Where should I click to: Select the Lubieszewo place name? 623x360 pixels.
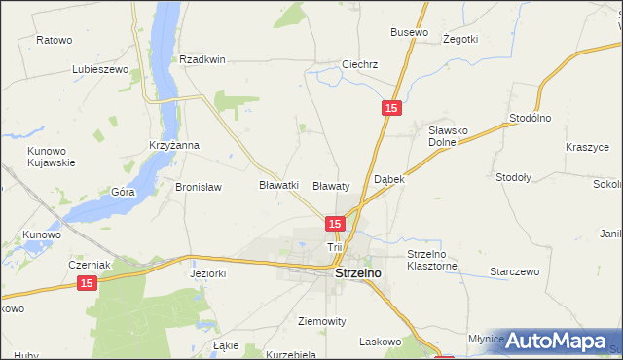coord(100,70)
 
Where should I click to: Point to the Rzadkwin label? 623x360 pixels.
coord(202,59)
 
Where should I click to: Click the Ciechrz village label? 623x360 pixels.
coord(359,65)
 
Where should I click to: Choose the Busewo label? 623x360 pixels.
coord(409,32)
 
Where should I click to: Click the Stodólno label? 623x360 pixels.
coord(531,118)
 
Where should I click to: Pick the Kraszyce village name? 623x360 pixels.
coord(587,147)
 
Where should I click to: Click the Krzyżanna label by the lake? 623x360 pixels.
coord(174,145)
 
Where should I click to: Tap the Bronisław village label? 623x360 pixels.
coord(199,187)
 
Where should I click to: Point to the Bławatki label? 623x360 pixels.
coord(278,184)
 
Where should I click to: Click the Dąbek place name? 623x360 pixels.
coord(388,180)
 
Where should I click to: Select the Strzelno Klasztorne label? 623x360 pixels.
coord(432,260)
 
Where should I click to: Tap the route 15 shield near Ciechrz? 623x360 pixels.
coord(389,110)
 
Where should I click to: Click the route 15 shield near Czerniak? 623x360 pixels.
coord(87,282)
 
